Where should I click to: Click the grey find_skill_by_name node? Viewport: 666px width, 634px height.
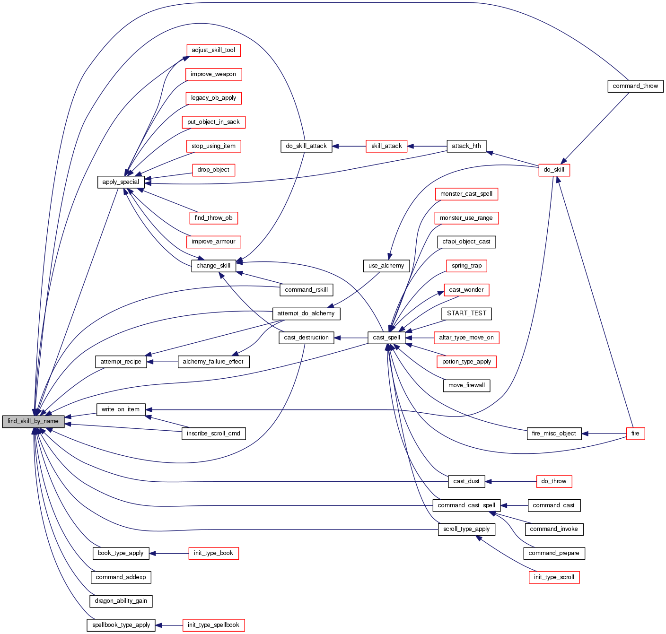click(x=33, y=421)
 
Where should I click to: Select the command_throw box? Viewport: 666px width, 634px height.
click(x=635, y=86)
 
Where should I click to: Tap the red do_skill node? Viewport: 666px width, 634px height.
click(x=554, y=170)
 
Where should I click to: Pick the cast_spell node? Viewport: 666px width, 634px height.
click(x=386, y=338)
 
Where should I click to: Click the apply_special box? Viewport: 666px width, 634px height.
click(x=121, y=182)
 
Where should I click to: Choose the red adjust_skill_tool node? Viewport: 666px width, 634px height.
click(x=213, y=50)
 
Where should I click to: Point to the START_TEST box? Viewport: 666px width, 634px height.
click(x=466, y=313)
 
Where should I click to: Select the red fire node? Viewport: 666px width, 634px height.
click(x=635, y=434)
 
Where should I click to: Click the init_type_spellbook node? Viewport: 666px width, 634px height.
click(x=213, y=625)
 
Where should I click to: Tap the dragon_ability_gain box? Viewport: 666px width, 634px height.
click(x=121, y=601)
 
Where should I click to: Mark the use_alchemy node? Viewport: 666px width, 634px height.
click(x=386, y=266)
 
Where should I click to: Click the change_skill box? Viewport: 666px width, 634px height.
click(x=213, y=266)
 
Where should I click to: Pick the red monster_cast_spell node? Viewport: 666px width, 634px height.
click(x=466, y=194)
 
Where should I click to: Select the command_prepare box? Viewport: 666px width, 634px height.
click(x=554, y=553)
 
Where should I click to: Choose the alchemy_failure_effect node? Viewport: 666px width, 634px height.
click(x=213, y=362)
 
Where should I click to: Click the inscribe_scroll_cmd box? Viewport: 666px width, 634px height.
click(x=213, y=434)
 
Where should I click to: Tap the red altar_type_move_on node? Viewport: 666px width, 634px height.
click(x=466, y=338)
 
